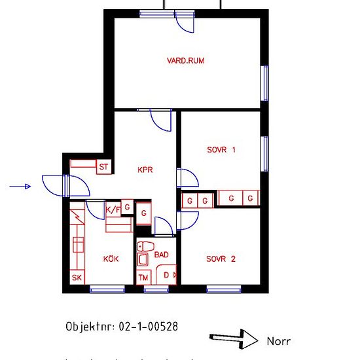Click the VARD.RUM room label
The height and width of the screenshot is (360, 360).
[185, 61]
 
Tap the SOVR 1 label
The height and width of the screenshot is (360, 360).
[221, 150]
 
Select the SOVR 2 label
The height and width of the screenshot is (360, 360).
[221, 259]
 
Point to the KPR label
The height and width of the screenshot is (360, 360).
[145, 170]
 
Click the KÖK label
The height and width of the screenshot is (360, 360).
[111, 259]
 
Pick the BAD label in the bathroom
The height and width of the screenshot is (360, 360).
[162, 255]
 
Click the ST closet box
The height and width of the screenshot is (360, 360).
[104, 167]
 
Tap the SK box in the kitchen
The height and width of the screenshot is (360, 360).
[77, 278]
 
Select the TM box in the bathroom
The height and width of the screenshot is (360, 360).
[144, 278]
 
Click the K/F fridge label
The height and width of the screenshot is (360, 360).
[113, 209]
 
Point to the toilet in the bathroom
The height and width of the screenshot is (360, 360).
[145, 247]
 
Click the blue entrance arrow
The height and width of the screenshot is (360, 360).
[20, 187]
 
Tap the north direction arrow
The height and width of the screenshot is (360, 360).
[234, 340]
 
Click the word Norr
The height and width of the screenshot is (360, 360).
[279, 342]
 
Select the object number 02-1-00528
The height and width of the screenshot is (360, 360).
[149, 327]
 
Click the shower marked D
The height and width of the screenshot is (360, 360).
[166, 275]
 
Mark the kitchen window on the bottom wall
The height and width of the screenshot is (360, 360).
[107, 289]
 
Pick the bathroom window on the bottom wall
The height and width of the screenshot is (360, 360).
[156, 289]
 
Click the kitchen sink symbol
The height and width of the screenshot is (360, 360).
[79, 245]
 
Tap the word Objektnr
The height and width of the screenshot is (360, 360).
[90, 327]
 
